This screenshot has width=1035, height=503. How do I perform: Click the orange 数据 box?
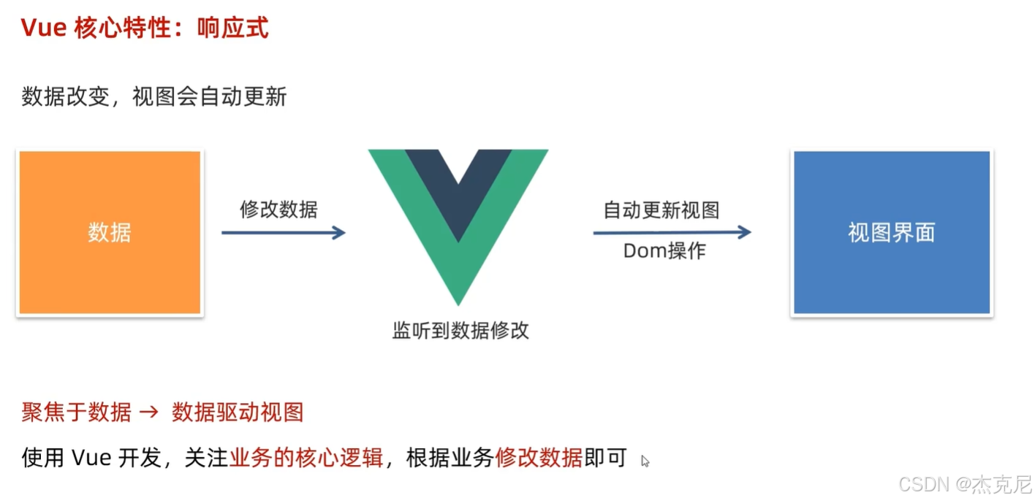coord(110,233)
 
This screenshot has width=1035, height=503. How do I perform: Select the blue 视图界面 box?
coord(891,233)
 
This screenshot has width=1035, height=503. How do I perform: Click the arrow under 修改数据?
coord(283,233)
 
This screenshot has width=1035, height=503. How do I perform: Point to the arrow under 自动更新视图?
coord(672,233)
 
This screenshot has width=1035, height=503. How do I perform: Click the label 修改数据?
coord(278,210)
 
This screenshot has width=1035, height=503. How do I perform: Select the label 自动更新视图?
coord(661,210)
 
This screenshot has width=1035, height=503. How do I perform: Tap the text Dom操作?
coord(664,251)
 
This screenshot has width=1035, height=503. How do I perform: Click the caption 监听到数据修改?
coord(460,331)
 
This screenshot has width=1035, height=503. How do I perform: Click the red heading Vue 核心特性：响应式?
coord(145,28)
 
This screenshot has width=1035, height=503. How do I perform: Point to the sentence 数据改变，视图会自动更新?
coord(154,96)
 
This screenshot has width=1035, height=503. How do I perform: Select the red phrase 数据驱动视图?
coord(238,412)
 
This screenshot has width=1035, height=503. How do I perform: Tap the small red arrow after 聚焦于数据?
coord(148,412)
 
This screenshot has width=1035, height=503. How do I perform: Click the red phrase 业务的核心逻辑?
coord(306,458)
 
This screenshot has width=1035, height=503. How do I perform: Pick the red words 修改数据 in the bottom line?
coord(539,458)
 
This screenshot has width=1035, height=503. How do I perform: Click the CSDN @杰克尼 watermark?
coord(965,484)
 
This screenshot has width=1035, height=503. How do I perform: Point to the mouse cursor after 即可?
coord(645,461)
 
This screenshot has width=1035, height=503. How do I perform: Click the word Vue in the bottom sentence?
coord(91,458)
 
